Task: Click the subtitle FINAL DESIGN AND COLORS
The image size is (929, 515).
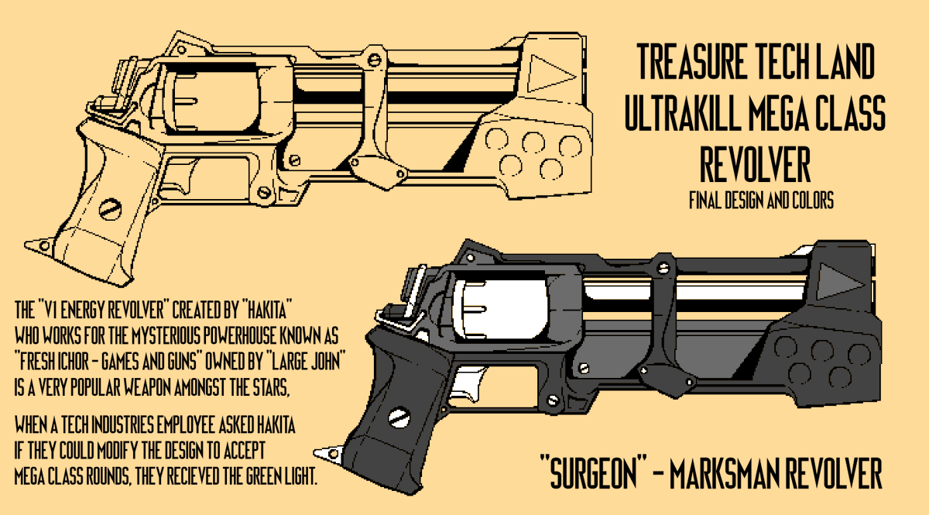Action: click(761, 201)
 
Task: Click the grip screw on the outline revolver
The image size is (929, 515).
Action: click(110, 208)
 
